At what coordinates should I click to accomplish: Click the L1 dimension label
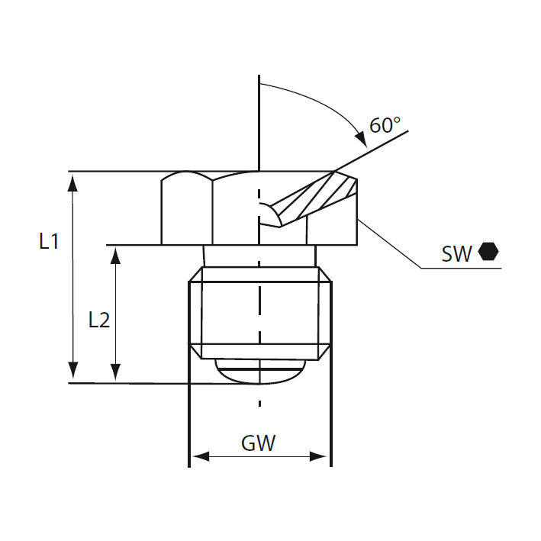[x=50, y=242]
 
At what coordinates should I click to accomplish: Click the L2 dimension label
[x=99, y=319]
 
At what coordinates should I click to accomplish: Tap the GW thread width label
[x=258, y=443]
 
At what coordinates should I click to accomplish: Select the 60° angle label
[x=385, y=124]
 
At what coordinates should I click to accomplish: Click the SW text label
[x=456, y=254]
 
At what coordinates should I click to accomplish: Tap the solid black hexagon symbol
[x=488, y=252]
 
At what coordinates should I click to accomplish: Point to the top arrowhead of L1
[x=73, y=180]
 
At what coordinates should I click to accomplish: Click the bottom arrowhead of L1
[x=73, y=374]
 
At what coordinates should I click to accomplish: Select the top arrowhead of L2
[x=115, y=253]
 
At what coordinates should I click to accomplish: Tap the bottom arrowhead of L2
[x=115, y=374]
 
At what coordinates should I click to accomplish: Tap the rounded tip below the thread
[x=259, y=371]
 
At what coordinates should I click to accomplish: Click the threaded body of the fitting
[x=229, y=313]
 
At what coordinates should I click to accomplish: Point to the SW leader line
[x=393, y=244]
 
